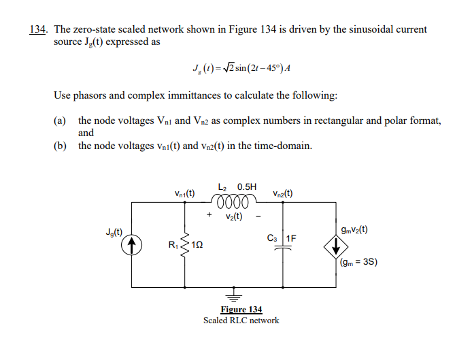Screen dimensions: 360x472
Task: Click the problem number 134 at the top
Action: (x=39, y=30)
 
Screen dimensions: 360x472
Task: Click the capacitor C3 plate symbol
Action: (x=282, y=246)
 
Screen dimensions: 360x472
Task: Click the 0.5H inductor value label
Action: (x=247, y=186)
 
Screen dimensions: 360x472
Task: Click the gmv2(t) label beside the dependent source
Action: (x=354, y=229)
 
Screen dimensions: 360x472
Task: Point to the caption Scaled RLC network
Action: (x=241, y=320)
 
